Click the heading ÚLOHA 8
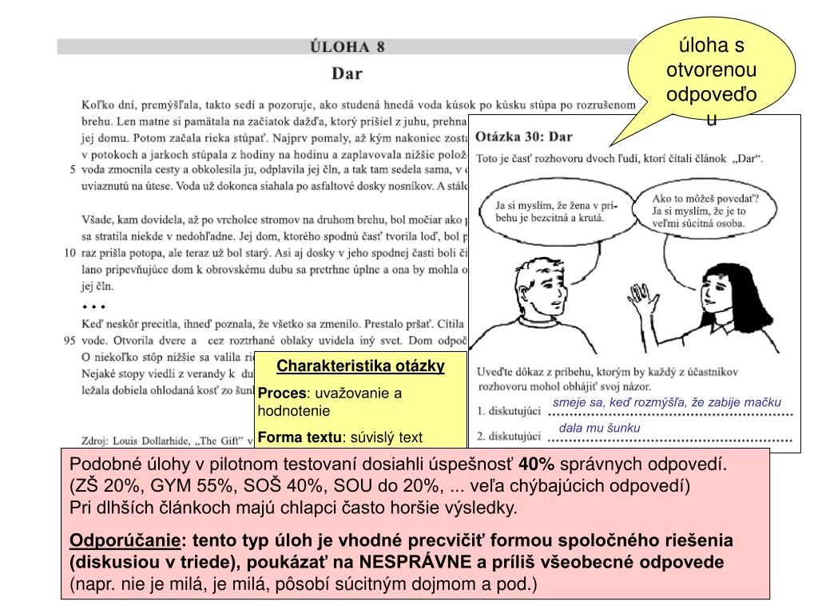pos(347,46)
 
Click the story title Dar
pos(347,74)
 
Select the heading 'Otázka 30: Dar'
pos(524,137)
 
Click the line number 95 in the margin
pos(69,340)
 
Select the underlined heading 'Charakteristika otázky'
pos(359,366)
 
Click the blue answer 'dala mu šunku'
pos(599,428)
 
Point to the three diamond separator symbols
pos(93,306)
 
